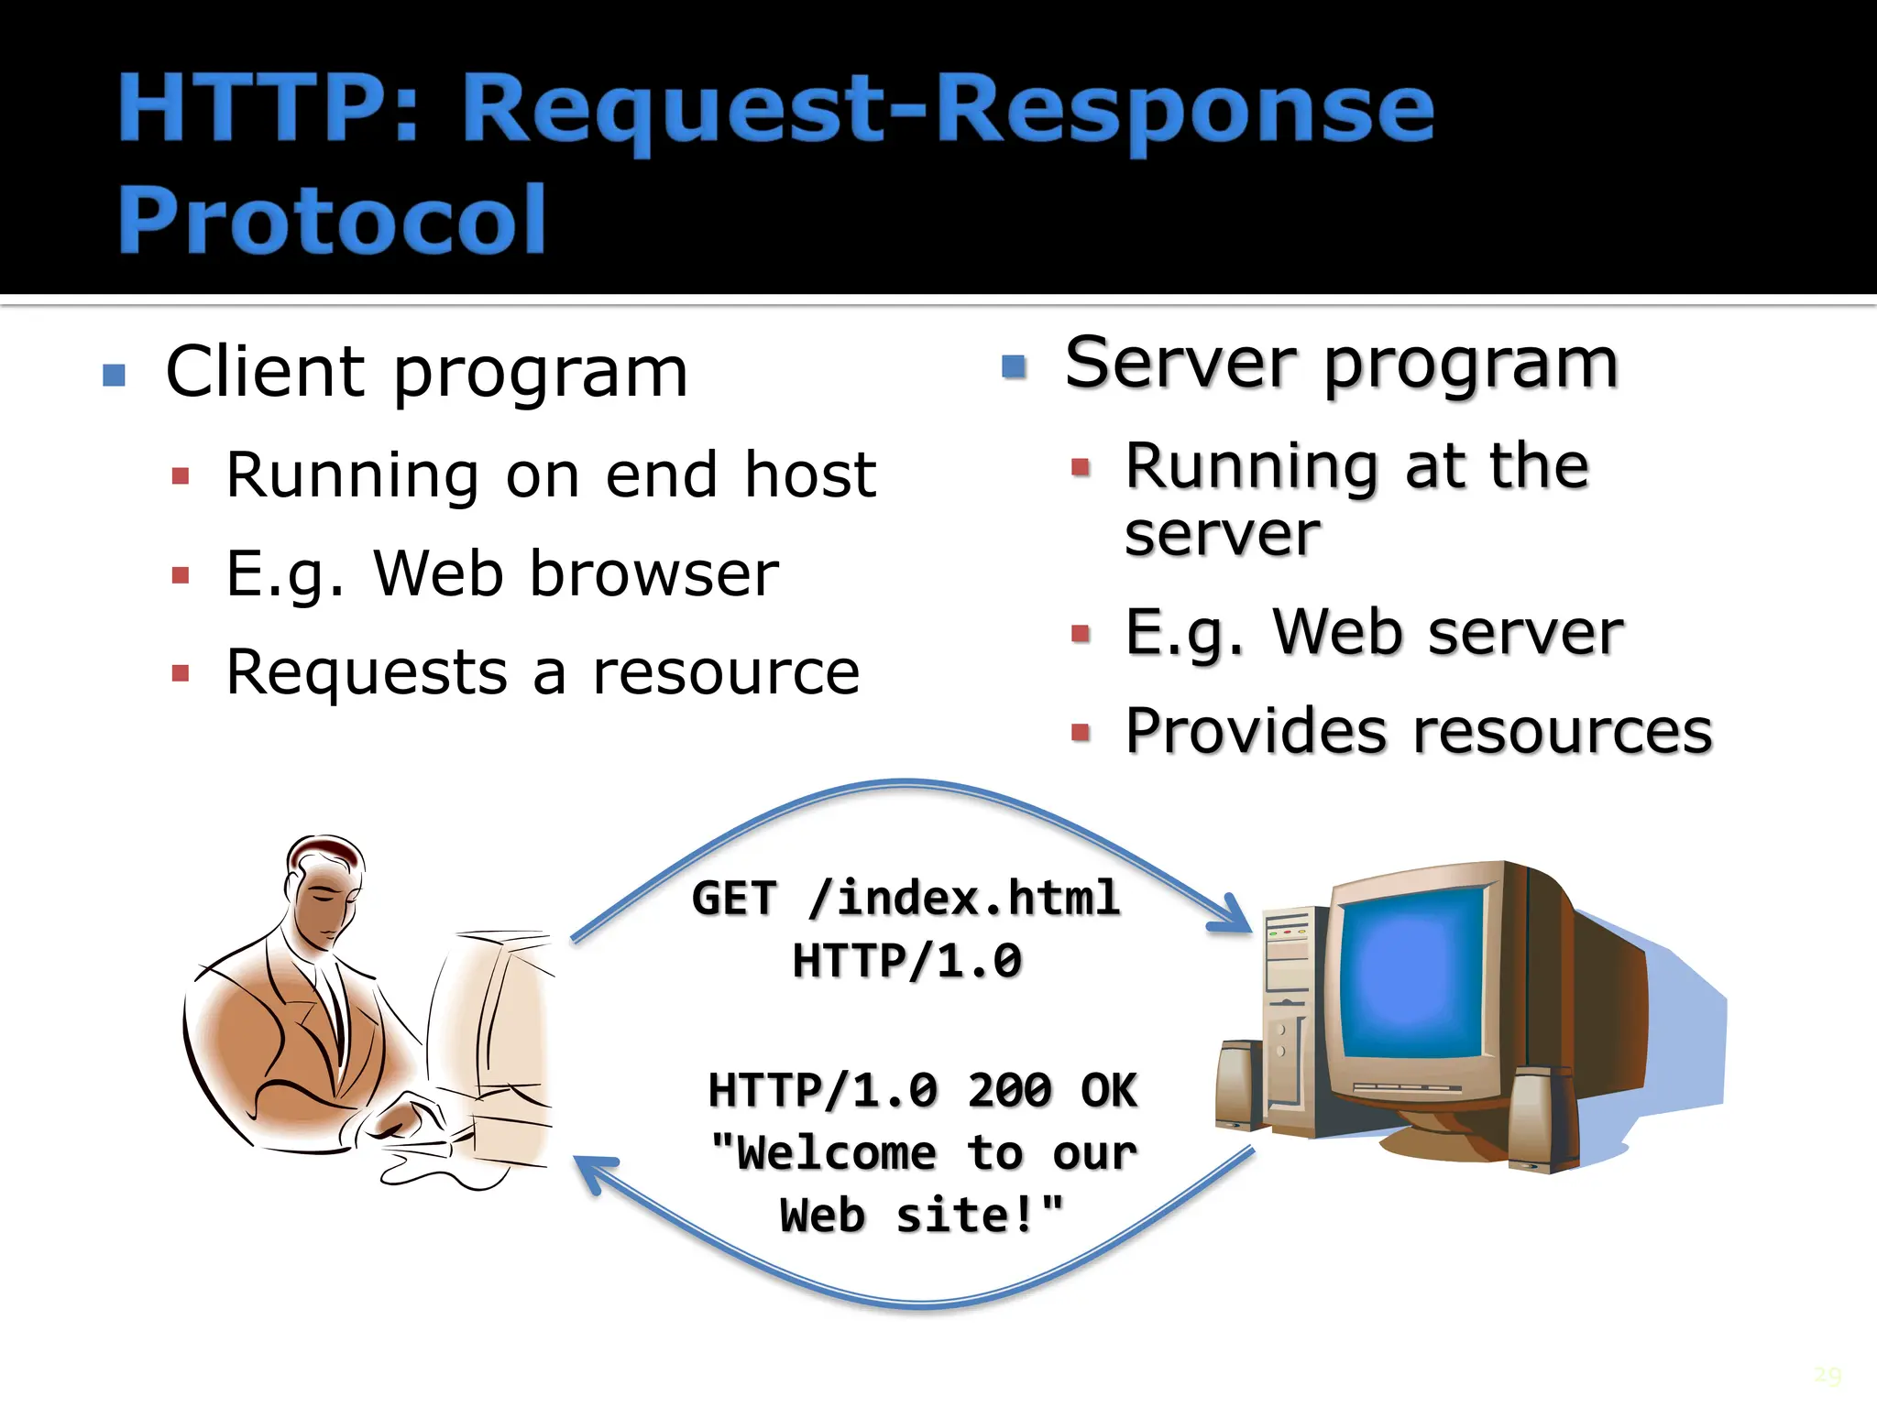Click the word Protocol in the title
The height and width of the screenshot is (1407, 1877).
coord(332,220)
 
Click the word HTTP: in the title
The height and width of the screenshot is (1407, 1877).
coord(268,110)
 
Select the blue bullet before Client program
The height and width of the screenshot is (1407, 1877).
coord(114,375)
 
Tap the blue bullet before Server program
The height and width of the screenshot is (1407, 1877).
coord(1014,366)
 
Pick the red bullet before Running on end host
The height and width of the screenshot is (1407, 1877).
coord(181,476)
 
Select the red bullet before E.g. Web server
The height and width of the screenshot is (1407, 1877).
coord(1081,633)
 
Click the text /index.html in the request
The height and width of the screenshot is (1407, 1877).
coord(964,898)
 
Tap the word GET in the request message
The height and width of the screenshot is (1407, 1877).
coord(734,898)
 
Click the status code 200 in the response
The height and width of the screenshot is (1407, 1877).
coord(1009,1091)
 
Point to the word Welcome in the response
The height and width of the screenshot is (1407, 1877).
coord(836,1153)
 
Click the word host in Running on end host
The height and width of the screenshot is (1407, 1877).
coord(810,475)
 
